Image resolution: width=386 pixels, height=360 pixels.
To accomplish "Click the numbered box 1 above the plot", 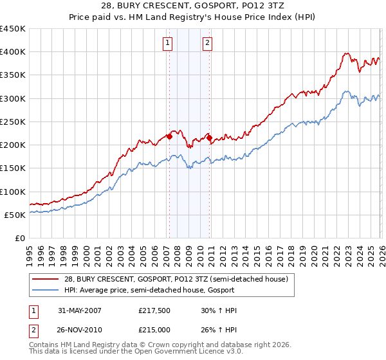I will pyautogui.click(x=167, y=43).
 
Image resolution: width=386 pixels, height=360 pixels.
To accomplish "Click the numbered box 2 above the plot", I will pyautogui.click(x=208, y=43).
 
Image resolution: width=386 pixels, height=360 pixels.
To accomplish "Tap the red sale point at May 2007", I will pyautogui.click(x=169, y=136).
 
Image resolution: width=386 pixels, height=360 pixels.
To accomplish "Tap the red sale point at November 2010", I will pyautogui.click(x=209, y=138).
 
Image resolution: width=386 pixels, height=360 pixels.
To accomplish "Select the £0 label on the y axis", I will pyautogui.click(x=19, y=238).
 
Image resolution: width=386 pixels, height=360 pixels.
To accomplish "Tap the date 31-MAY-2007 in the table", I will pyautogui.click(x=79, y=310).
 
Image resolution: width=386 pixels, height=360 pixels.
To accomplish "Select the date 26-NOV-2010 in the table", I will pyautogui.click(x=79, y=331).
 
